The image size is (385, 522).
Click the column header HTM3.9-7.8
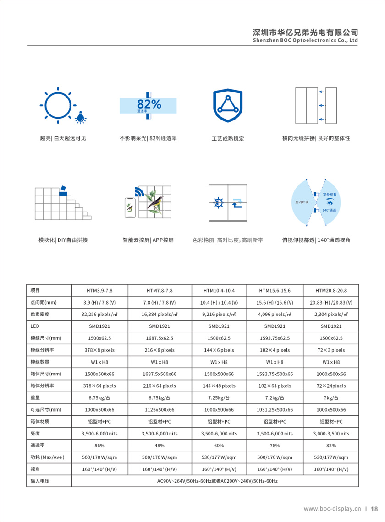tap(99, 291)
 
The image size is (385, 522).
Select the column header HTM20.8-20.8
tap(331, 291)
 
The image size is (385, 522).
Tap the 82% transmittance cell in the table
tap(331, 446)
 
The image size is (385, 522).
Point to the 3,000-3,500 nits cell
tap(331, 434)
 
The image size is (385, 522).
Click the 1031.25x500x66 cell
tap(275, 410)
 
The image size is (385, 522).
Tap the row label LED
tap(34, 326)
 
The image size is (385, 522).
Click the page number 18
tap(374, 509)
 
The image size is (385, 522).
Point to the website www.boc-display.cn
tap(332, 509)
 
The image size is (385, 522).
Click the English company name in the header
tap(305, 40)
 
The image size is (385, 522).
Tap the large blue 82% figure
tap(149, 104)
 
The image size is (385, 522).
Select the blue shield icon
tap(228, 105)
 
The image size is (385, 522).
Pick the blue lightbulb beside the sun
tap(81, 118)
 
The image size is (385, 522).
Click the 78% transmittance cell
tap(275, 446)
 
